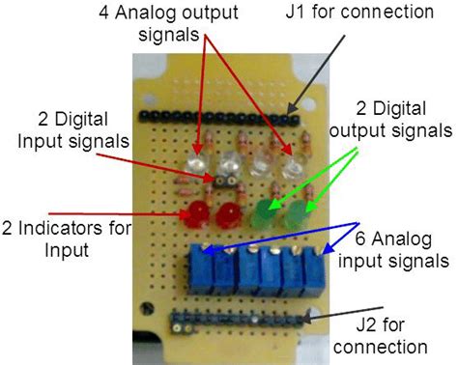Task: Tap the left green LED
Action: point(266,210)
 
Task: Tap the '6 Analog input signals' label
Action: point(401,250)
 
